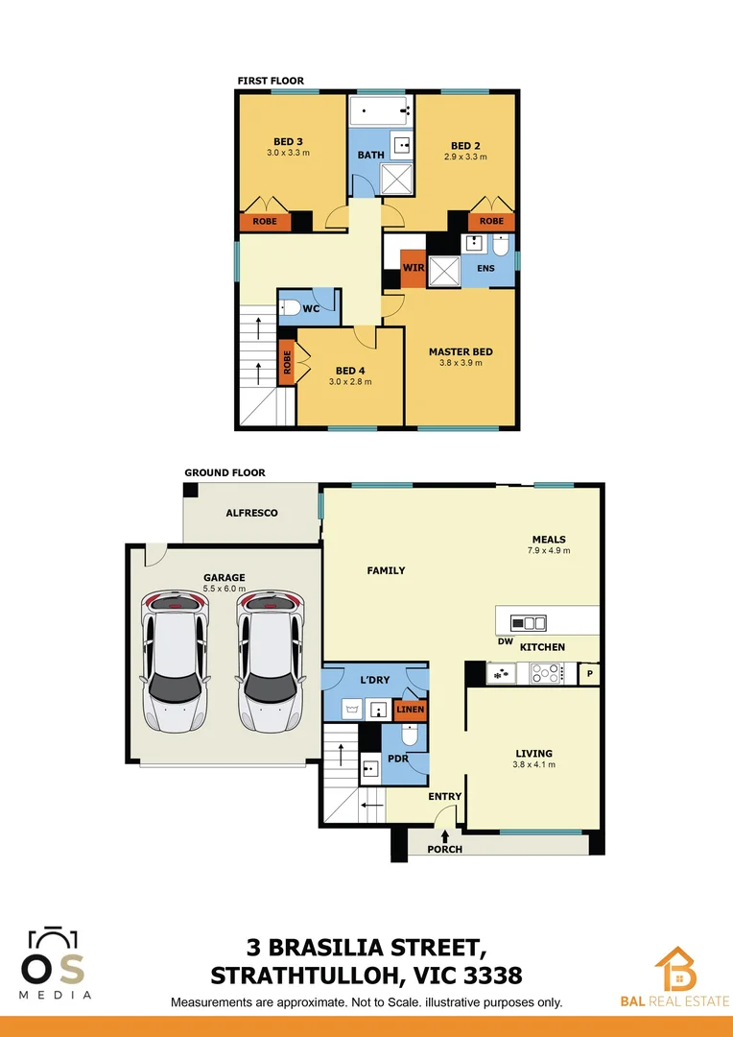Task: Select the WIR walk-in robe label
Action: [x=414, y=268]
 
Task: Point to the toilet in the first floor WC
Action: [x=291, y=308]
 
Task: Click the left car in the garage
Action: [x=174, y=661]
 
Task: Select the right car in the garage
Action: [x=270, y=661]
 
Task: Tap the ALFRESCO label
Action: [x=251, y=513]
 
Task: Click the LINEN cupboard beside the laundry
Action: [x=411, y=711]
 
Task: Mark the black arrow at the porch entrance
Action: [x=445, y=836]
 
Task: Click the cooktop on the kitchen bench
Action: [x=548, y=674]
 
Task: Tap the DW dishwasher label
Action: [x=505, y=641]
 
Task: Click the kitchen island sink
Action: [x=528, y=621]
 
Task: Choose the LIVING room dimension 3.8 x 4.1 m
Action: [x=534, y=765]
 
